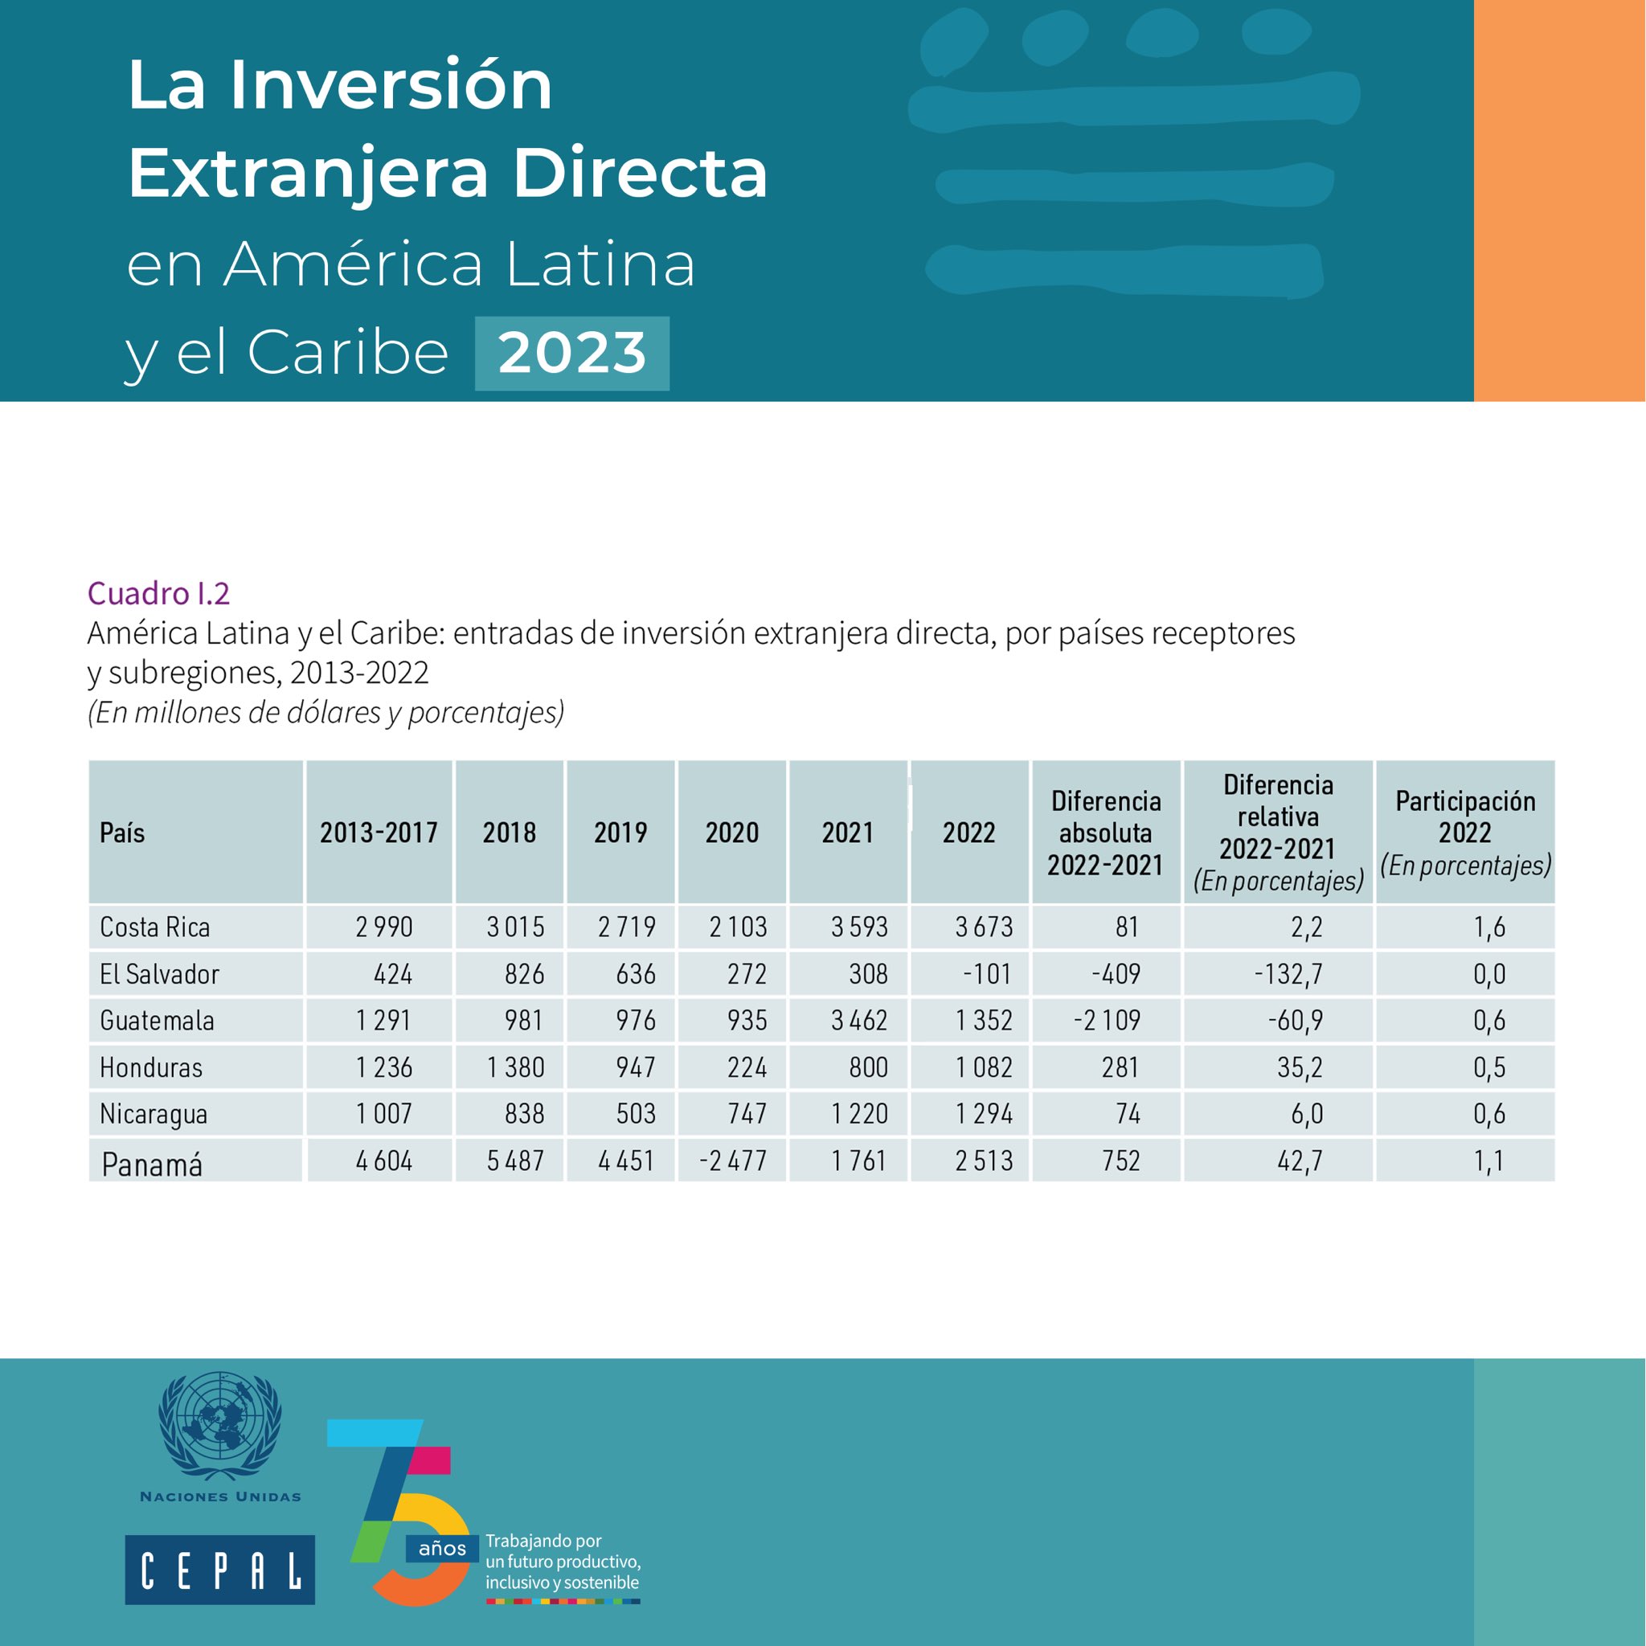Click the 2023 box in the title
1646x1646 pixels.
click(571, 353)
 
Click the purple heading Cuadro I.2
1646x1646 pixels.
click(158, 593)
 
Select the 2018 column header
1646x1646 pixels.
click(509, 833)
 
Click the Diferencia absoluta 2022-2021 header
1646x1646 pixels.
click(1105, 833)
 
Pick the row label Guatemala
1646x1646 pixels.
click(157, 1020)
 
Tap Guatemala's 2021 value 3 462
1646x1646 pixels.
click(859, 1020)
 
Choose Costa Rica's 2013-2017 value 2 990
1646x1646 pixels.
click(383, 927)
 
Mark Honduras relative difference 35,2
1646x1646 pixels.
click(1300, 1067)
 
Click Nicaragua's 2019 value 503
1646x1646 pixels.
click(635, 1113)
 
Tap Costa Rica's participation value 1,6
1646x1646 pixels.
click(1488, 927)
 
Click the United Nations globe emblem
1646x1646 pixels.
click(219, 1427)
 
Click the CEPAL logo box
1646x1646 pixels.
click(219, 1570)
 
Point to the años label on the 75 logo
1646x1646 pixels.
click(442, 1548)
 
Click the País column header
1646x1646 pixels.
click(122, 833)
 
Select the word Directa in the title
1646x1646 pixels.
click(639, 173)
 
